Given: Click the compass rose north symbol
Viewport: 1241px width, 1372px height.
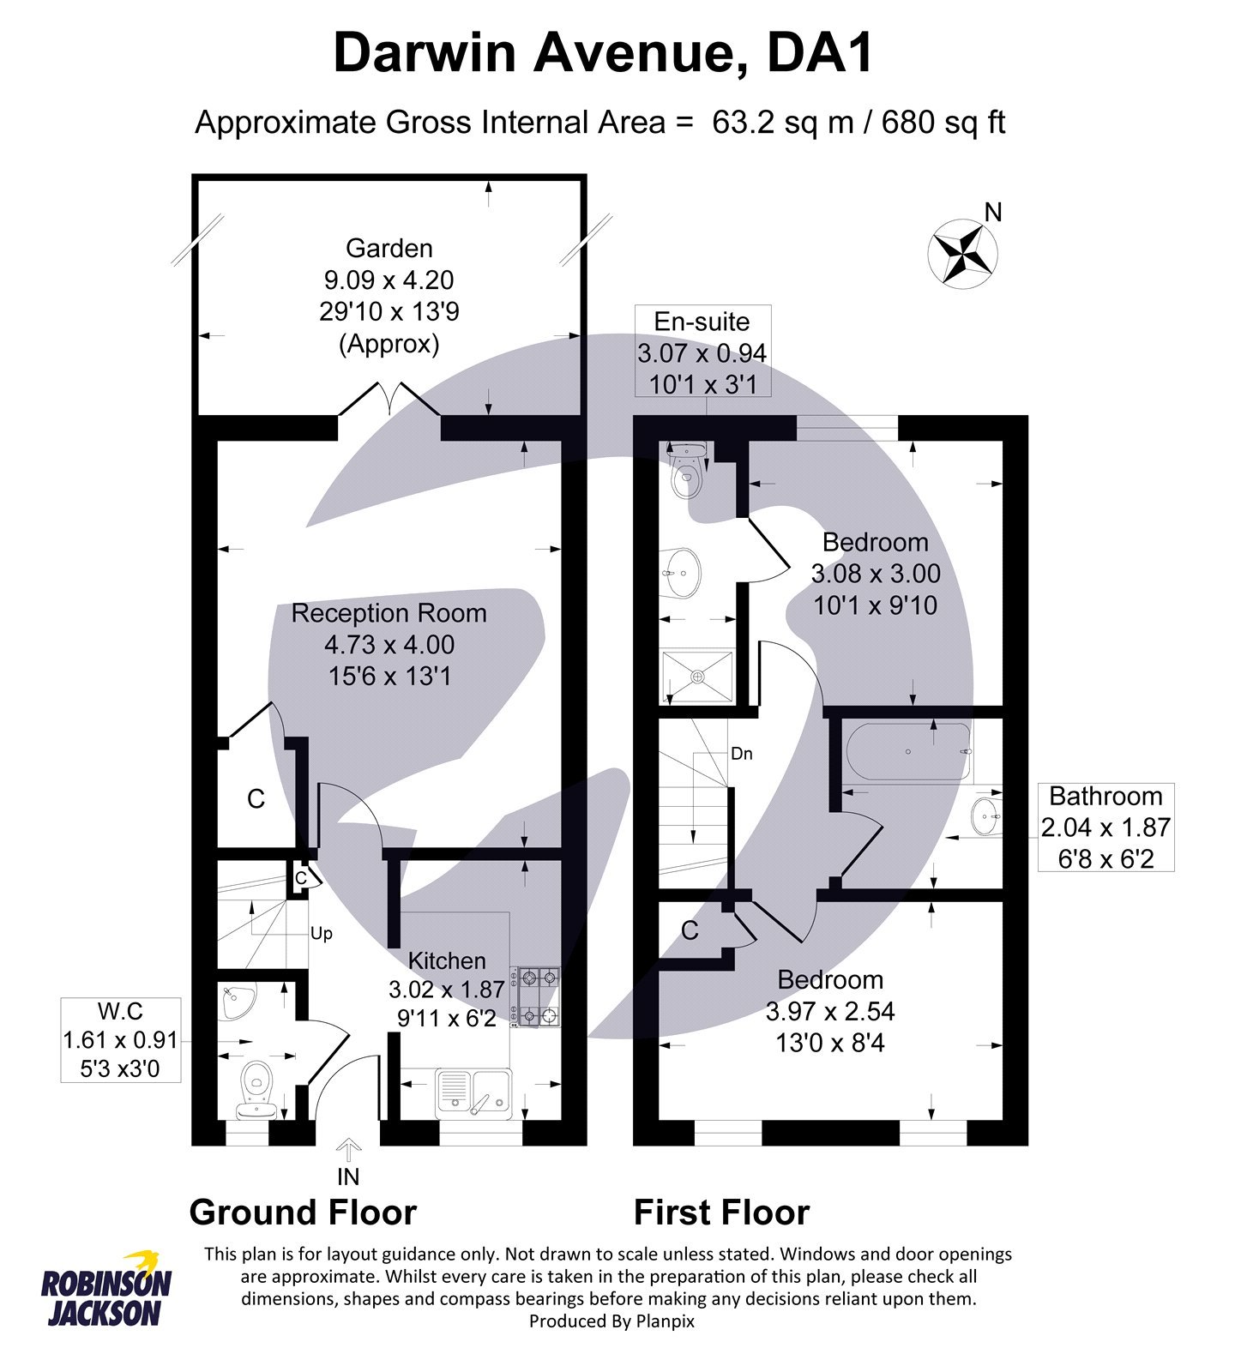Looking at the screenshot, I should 963,252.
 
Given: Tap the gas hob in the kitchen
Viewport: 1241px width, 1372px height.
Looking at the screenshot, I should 537,996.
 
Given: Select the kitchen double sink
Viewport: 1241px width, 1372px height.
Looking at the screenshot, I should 473,1092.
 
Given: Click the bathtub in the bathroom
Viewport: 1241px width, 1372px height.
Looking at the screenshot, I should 909,752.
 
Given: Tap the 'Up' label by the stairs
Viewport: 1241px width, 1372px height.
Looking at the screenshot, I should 322,933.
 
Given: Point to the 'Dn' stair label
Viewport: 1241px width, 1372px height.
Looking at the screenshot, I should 741,754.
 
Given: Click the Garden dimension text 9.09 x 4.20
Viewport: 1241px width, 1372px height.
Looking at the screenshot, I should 389,280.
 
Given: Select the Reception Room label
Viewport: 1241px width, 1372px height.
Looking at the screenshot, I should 389,613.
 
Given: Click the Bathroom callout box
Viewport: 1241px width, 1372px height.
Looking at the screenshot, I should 1105,827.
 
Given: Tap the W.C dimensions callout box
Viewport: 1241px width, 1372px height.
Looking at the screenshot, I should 120,1039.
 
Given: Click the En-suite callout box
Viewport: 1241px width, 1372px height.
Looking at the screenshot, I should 702,351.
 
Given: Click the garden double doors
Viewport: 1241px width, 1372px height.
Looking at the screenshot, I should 389,400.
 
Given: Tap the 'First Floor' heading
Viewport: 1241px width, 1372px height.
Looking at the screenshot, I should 721,1213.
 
